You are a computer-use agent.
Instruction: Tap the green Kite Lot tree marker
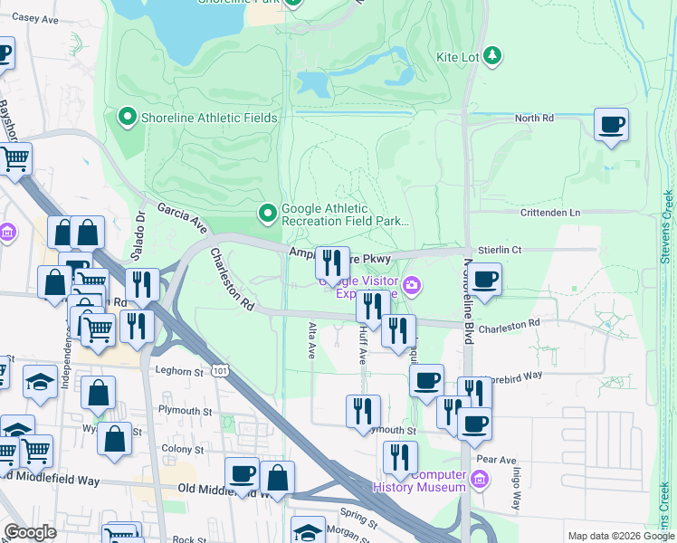pos(491,56)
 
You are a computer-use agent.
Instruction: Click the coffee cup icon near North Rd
pos(612,124)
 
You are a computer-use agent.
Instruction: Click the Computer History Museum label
pos(426,481)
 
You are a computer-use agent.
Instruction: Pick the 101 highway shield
pos(220,369)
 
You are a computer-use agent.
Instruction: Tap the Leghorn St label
pos(177,371)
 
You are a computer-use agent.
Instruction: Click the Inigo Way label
pos(515,487)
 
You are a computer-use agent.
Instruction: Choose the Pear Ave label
pos(496,459)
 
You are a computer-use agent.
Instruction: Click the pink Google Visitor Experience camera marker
pos(413,286)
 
